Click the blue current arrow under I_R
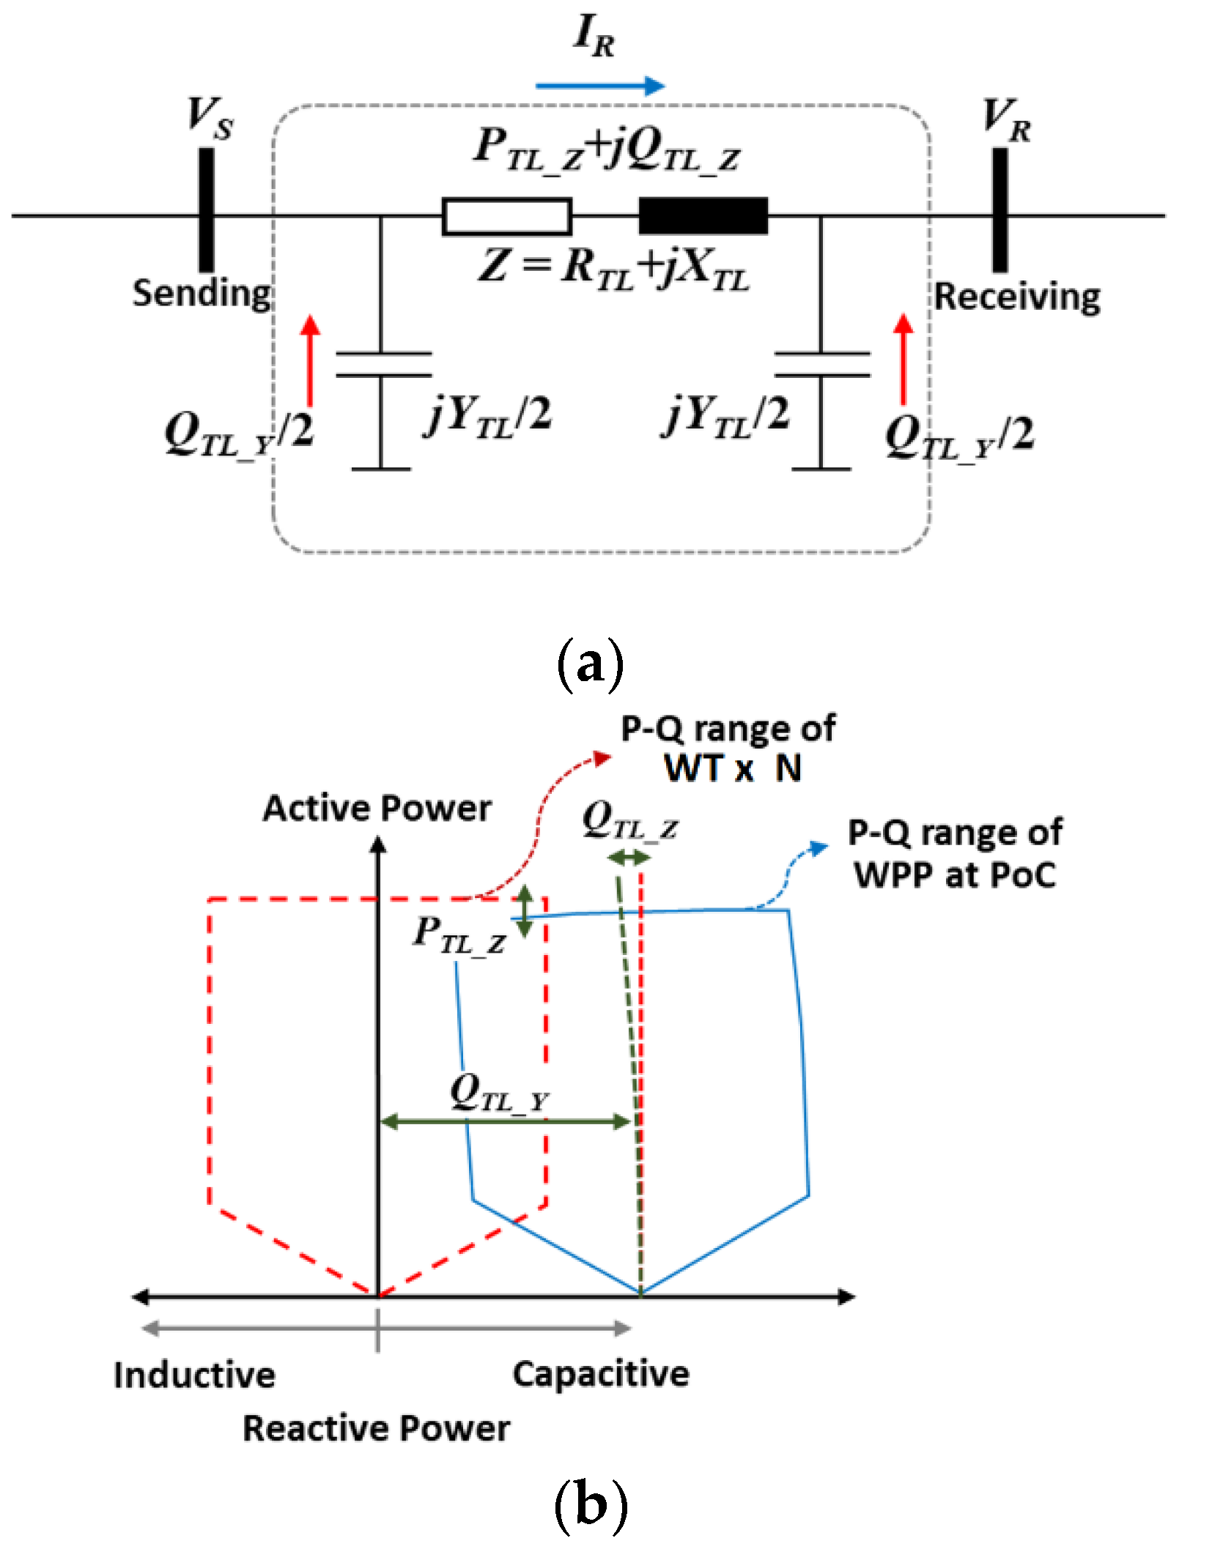pyautogui.click(x=599, y=86)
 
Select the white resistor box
pyautogui.click(x=506, y=217)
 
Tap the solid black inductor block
pyautogui.click(x=703, y=216)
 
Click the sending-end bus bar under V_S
pyautogui.click(x=207, y=210)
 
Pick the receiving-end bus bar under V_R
pyautogui.click(x=1000, y=210)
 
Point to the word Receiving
pyautogui.click(x=1017, y=297)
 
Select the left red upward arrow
pyautogui.click(x=311, y=360)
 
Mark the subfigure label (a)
pyautogui.click(x=591, y=665)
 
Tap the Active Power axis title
pyautogui.click(x=377, y=809)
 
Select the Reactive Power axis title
pyautogui.click(x=377, y=1428)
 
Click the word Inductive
pyautogui.click(x=195, y=1375)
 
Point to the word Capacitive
pyautogui.click(x=601, y=1374)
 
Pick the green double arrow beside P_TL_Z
pyautogui.click(x=525, y=911)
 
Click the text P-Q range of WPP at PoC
pyautogui.click(x=956, y=854)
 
